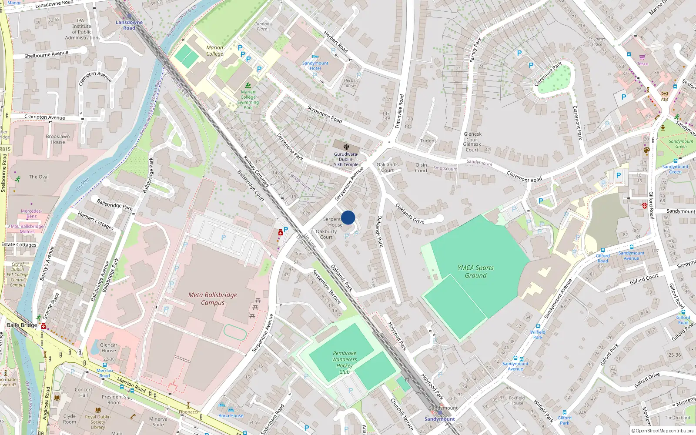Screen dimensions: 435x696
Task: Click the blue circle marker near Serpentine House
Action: (x=348, y=217)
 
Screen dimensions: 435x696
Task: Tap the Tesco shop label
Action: (x=642, y=64)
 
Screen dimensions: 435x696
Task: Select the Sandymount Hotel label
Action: (x=315, y=66)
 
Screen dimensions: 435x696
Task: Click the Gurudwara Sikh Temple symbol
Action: (x=346, y=147)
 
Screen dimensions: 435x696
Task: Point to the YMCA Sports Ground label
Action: (x=475, y=271)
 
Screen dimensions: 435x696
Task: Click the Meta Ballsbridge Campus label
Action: (x=213, y=298)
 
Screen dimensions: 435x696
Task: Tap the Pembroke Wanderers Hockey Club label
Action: (x=345, y=362)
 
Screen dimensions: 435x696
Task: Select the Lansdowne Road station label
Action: (x=129, y=25)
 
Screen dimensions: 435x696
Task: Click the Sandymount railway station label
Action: (x=440, y=419)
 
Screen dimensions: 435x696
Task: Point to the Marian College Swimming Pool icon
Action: (x=248, y=85)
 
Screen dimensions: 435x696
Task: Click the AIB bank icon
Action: (x=664, y=94)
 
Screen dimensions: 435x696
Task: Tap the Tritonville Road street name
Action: (x=399, y=111)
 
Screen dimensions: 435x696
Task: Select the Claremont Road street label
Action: (x=524, y=177)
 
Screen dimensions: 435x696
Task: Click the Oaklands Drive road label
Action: (x=410, y=214)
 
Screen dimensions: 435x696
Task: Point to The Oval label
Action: (x=39, y=177)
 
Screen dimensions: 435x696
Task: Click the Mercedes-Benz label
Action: (x=31, y=214)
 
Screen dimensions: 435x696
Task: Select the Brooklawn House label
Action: (x=57, y=139)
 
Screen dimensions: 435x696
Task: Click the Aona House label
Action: (x=231, y=415)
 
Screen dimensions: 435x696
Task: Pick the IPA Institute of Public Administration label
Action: (x=81, y=29)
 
